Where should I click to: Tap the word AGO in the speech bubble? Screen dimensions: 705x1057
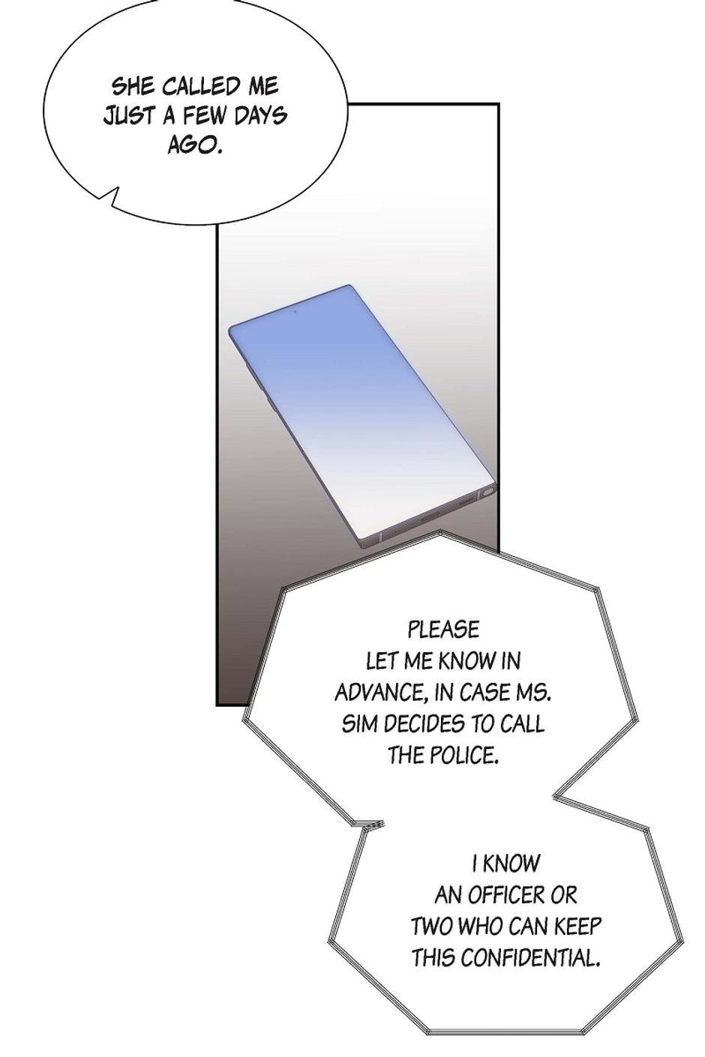pos(195,145)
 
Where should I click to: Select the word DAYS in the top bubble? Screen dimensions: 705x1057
pos(260,115)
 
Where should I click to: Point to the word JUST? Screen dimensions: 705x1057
pos(130,115)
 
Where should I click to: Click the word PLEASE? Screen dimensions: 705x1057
pos(443,630)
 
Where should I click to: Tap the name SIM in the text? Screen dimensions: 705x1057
pos(358,724)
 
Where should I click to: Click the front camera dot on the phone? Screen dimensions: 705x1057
pos(295,311)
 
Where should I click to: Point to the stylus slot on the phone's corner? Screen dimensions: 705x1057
pos(487,493)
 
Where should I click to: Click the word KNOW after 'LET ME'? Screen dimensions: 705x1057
pos(467,661)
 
